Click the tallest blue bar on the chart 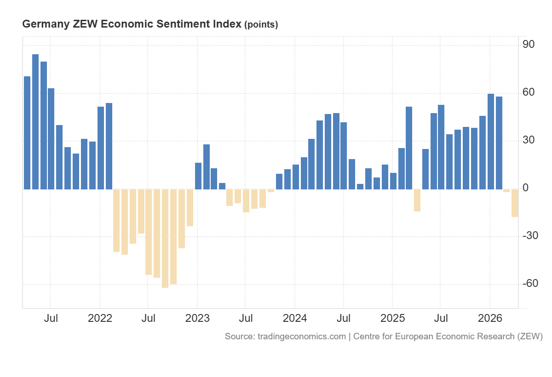(35, 122)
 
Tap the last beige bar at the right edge (515, 203)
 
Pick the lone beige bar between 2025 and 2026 (417, 200)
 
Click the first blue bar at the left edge (27, 133)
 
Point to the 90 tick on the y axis (528, 45)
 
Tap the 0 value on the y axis (526, 188)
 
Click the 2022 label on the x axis (100, 318)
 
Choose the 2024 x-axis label (295, 318)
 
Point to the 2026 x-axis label (490, 318)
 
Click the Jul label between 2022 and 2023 (148, 318)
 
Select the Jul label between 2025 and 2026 (441, 318)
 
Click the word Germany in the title (45, 24)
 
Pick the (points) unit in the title (261, 25)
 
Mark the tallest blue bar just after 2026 (491, 142)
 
